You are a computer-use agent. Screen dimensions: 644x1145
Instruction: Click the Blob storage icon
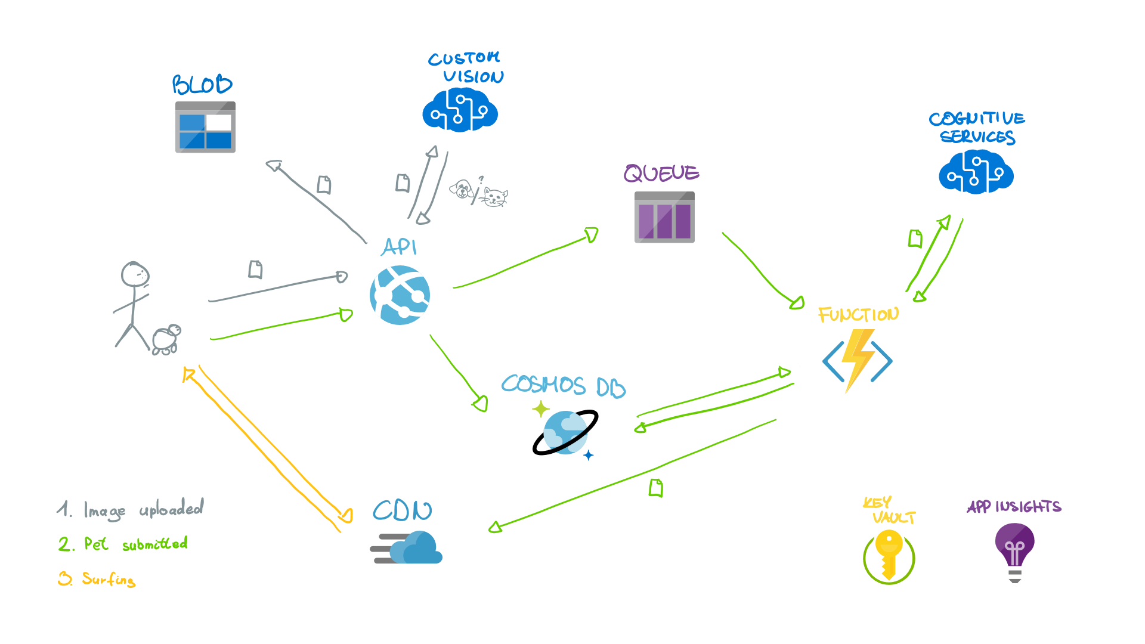(x=205, y=127)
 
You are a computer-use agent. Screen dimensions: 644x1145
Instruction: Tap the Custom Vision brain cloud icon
(x=460, y=110)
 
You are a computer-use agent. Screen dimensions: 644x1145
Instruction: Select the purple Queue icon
(x=664, y=217)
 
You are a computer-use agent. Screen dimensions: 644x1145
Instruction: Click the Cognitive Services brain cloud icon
(x=976, y=172)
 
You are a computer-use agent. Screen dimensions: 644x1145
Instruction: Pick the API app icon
(x=400, y=295)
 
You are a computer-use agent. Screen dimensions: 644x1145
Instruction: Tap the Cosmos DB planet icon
(x=565, y=432)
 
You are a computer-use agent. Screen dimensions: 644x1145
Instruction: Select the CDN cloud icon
(x=408, y=547)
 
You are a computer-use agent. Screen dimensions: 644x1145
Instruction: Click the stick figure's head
(x=135, y=274)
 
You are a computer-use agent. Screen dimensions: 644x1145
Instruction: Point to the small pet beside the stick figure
(x=166, y=339)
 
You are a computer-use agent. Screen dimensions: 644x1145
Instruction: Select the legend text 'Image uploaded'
(x=143, y=509)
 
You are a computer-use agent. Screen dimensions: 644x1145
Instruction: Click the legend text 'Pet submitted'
(x=136, y=544)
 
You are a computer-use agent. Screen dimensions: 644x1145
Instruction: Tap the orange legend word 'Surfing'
(x=109, y=578)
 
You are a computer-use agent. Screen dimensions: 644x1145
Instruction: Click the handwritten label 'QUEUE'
(x=661, y=174)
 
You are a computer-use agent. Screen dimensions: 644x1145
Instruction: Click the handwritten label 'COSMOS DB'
(x=564, y=386)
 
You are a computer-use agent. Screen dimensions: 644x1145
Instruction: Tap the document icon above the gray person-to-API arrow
(x=255, y=270)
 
